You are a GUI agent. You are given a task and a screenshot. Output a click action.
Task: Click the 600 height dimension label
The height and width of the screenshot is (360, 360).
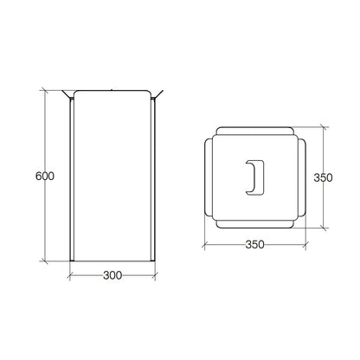point(45,176)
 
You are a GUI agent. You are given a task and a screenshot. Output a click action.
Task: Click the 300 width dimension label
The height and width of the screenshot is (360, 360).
point(112,275)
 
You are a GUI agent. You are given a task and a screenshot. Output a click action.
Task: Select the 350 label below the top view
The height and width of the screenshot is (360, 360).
point(254,245)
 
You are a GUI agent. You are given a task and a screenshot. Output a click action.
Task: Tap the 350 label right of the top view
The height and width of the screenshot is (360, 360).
point(323,177)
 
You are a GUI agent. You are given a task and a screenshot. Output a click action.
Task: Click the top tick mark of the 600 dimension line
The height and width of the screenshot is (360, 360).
point(44,90)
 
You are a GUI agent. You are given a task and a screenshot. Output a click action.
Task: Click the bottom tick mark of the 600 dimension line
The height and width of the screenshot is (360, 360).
point(44,261)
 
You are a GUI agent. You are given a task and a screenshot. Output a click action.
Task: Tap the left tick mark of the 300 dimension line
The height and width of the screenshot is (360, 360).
point(70,275)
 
